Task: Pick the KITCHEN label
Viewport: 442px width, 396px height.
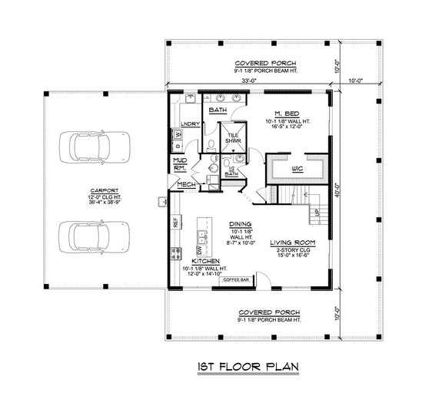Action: coord(206,261)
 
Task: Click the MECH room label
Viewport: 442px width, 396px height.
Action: coord(184,184)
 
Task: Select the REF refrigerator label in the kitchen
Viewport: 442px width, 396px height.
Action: coord(174,221)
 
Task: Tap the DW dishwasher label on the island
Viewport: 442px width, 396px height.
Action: coord(199,251)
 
